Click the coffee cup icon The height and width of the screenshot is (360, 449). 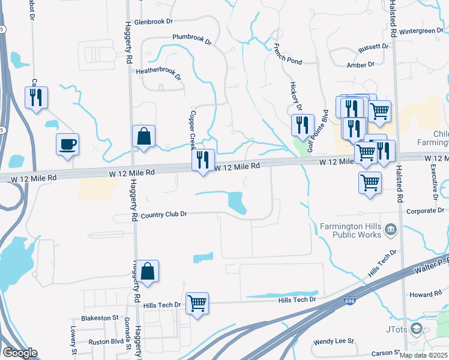67,144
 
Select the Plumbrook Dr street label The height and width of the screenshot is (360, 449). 192,38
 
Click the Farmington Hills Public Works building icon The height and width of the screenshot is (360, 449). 390,229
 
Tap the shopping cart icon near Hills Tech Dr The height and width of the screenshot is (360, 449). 197,303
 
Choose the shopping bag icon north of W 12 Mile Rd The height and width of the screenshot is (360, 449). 144,136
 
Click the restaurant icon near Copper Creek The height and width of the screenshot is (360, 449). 203,160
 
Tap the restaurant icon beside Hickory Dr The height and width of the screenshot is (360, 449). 303,125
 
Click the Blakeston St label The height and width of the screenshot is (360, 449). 100,317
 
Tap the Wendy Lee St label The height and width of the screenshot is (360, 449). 334,341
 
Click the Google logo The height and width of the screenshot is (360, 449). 20,353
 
